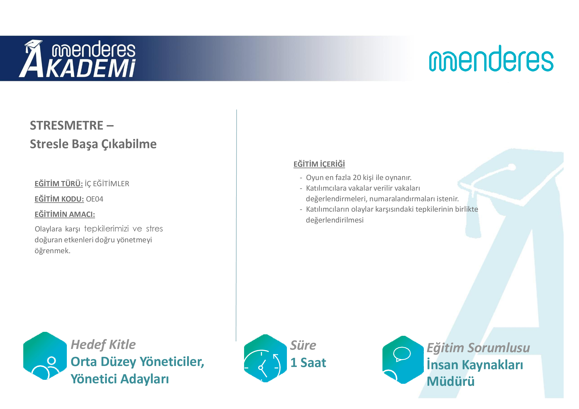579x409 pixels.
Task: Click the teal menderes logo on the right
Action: tap(491, 58)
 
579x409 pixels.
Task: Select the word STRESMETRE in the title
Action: tap(67, 125)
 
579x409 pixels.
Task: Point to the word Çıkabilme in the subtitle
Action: tap(129, 144)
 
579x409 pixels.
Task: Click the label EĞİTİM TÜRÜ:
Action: tap(59, 183)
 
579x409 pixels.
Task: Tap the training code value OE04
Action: tap(95, 199)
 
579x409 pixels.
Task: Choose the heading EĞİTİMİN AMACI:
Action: tap(65, 214)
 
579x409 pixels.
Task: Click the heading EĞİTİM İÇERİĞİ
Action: tap(319, 164)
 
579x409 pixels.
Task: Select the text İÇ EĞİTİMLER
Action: tap(107, 183)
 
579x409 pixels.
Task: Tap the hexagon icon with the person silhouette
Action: tap(45, 356)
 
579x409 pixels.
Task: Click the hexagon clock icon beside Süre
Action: tap(265, 358)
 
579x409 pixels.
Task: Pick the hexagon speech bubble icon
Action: tap(403, 360)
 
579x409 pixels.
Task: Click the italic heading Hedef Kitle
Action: tap(103, 344)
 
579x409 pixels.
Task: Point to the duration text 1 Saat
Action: tap(308, 363)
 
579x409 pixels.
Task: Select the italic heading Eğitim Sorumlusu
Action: tap(478, 348)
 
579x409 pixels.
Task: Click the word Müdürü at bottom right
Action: tap(451, 381)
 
